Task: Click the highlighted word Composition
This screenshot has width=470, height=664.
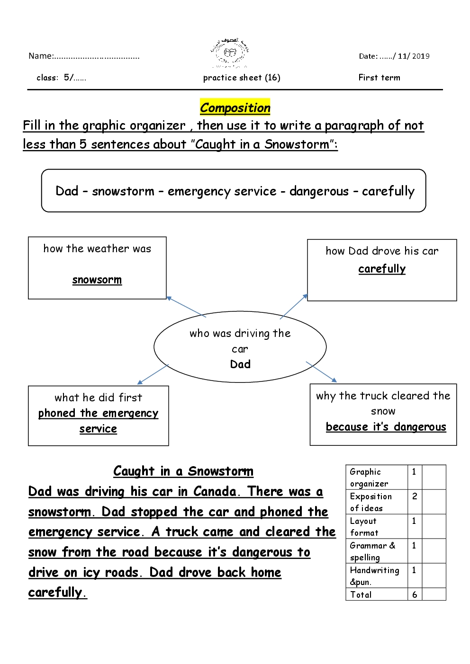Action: coord(235,108)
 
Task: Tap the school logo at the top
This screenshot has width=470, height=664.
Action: coord(230,53)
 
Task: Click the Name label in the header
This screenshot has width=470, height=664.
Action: coord(41,56)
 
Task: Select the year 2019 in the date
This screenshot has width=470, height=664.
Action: coord(421,56)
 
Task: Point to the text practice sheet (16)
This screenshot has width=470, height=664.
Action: coord(242,78)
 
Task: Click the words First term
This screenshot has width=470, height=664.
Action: coord(379,78)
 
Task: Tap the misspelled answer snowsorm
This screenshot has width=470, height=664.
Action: coord(97,280)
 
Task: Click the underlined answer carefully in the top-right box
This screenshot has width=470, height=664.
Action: coord(382,269)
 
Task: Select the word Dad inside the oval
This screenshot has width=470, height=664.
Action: coord(240,364)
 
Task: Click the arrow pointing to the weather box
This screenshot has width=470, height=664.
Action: coord(186,307)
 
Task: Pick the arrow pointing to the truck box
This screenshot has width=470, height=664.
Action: coord(322,372)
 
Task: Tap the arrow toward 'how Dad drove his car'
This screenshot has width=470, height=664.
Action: coord(294,306)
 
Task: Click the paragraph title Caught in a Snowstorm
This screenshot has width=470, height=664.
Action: coord(183,471)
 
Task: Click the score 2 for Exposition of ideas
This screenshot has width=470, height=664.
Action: coord(415,496)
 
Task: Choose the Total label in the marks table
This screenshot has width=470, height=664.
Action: coord(361,595)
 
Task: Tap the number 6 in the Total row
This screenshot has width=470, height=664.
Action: coord(415,595)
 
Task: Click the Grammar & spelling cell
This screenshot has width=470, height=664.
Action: coord(372,551)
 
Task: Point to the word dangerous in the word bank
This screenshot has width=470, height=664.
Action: coord(319,191)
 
